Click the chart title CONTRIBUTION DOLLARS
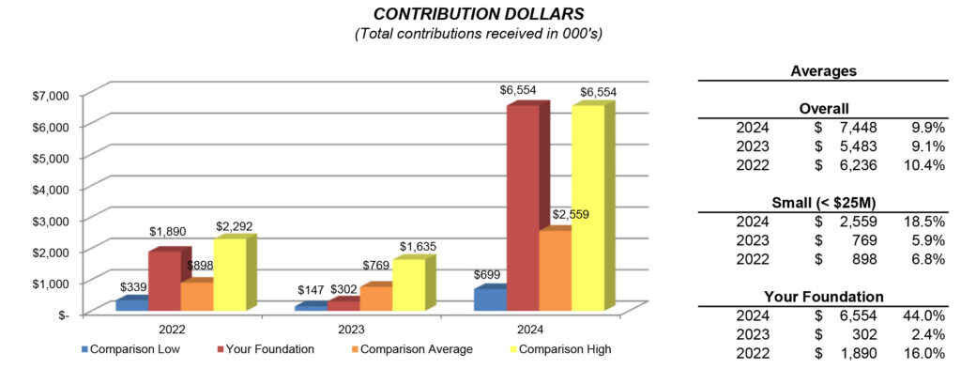[x=479, y=14]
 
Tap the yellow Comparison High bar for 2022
[x=229, y=274]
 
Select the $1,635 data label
[x=418, y=247]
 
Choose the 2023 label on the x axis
[x=351, y=330]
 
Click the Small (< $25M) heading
[x=823, y=203]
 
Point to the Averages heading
[x=823, y=70]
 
